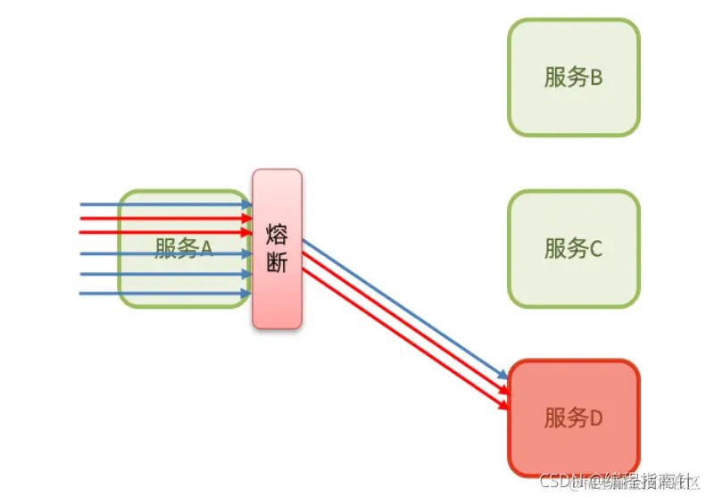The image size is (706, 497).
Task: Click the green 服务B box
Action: (574, 78)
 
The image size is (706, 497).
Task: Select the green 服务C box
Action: (574, 248)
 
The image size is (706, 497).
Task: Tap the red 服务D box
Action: (574, 418)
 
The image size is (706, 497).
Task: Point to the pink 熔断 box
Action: (277, 249)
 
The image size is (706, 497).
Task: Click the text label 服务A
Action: (184, 248)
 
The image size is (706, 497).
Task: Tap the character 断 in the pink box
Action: (277, 264)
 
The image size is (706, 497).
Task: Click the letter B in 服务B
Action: (595, 78)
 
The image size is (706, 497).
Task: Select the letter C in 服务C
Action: (595, 248)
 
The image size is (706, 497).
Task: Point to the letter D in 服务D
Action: (595, 418)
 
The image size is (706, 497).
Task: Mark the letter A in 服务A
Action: (204, 248)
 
